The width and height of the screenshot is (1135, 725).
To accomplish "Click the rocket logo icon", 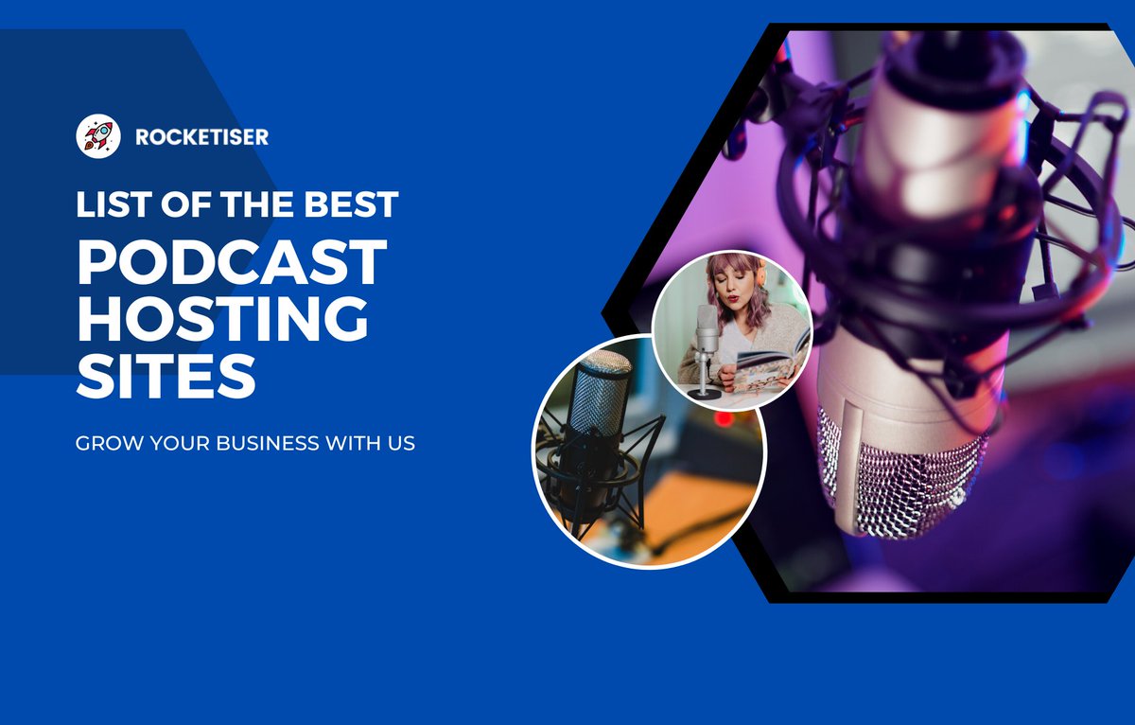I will click(x=98, y=136).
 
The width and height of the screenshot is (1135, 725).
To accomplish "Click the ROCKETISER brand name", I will click(x=201, y=137).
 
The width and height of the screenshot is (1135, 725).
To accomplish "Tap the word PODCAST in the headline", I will click(x=232, y=262).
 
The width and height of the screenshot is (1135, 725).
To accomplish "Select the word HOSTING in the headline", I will click(x=222, y=319).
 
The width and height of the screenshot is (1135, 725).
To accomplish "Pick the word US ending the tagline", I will click(x=403, y=442).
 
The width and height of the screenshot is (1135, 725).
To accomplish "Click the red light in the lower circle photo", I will click(x=723, y=417).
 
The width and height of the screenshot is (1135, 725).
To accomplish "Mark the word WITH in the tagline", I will click(x=354, y=442).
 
